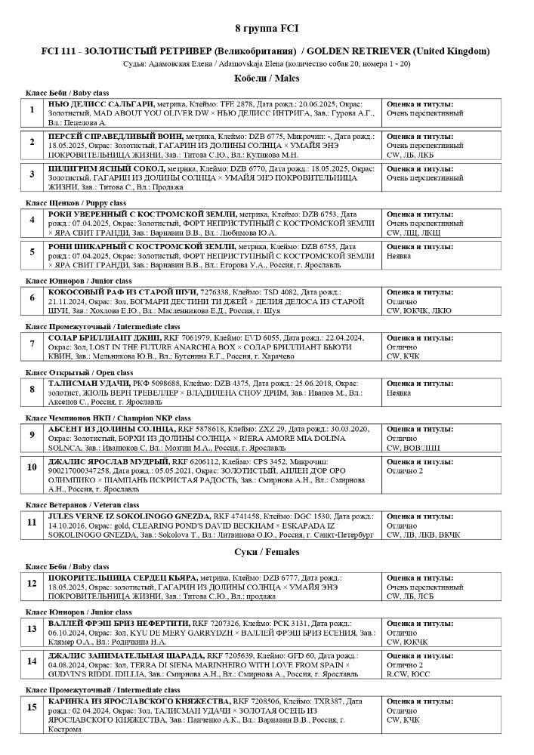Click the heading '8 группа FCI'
click(x=267, y=28)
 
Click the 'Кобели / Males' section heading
click(x=267, y=78)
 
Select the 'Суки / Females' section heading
click(x=267, y=552)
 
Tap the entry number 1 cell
click(x=32, y=110)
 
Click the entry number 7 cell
click(x=32, y=344)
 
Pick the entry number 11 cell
click(x=32, y=522)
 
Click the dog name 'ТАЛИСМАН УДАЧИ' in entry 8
click(x=90, y=384)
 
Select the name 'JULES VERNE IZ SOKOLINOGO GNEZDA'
click(x=131, y=516)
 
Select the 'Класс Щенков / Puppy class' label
click(x=76, y=203)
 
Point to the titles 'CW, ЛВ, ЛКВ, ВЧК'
click(x=423, y=535)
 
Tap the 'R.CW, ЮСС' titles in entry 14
click(x=409, y=673)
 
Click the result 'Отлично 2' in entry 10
click(x=405, y=470)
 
